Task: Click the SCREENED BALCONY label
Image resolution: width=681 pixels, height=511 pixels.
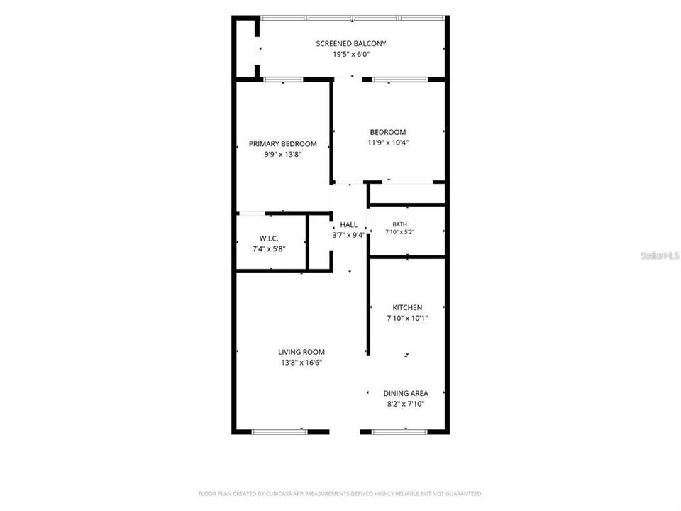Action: click(x=351, y=43)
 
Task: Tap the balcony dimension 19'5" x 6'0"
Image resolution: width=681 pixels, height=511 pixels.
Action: click(x=351, y=55)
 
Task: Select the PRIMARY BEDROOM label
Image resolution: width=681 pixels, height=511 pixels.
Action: click(x=283, y=144)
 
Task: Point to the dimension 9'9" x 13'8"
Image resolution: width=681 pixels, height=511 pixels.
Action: click(x=283, y=154)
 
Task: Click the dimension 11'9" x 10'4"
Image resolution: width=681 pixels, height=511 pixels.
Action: click(x=388, y=143)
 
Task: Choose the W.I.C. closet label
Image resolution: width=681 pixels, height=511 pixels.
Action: click(x=269, y=238)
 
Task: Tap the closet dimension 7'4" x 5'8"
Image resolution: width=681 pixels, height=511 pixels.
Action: click(x=269, y=249)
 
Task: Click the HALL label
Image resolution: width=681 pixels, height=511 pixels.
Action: click(x=349, y=225)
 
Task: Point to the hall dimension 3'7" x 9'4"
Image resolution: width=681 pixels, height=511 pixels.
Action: click(x=349, y=235)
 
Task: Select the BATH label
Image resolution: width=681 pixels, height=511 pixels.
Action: click(x=399, y=224)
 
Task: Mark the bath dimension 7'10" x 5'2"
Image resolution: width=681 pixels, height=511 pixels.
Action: click(x=399, y=232)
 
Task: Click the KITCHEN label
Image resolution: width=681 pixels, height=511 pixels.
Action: click(x=407, y=307)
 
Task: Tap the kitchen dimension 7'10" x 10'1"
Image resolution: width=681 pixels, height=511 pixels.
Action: click(x=407, y=318)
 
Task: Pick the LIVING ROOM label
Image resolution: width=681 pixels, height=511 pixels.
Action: click(x=301, y=352)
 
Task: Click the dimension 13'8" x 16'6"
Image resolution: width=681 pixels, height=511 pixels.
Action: click(x=301, y=363)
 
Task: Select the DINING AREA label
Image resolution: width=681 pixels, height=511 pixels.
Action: click(x=406, y=393)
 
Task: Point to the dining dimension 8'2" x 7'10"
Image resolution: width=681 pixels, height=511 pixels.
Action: click(x=406, y=404)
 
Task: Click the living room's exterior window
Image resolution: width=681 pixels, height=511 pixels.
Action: click(x=279, y=432)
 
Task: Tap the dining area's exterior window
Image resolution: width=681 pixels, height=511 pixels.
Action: click(x=399, y=432)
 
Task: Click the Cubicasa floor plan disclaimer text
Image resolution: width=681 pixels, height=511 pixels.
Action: click(x=340, y=494)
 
